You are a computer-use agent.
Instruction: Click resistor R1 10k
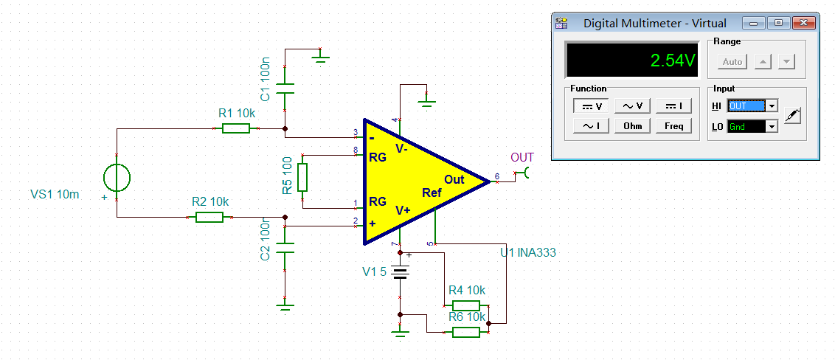[236, 128]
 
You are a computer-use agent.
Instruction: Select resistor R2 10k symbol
[209, 217]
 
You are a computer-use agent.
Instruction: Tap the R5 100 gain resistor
[302, 177]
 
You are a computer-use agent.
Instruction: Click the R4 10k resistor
[466, 305]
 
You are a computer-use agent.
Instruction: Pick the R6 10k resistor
[466, 332]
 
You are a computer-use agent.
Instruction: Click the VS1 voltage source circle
[117, 177]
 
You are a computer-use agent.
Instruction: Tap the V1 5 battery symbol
[400, 274]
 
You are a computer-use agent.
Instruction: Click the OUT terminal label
[522, 158]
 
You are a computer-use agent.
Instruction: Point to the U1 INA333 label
[527, 253]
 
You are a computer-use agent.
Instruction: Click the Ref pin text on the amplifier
[432, 193]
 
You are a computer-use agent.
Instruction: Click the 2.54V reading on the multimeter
[672, 60]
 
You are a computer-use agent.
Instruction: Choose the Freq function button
[674, 126]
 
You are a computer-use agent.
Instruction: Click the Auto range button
[732, 62]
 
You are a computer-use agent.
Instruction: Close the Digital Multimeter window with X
[803, 23]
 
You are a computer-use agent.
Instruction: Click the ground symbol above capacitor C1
[319, 56]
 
